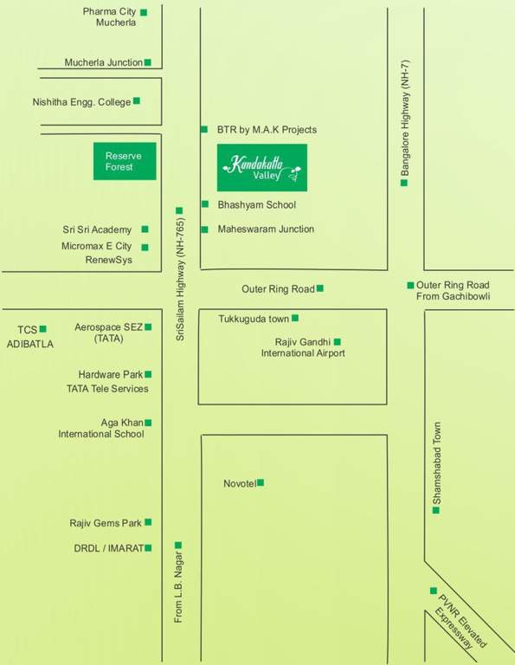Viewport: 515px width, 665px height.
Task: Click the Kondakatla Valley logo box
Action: tap(265, 167)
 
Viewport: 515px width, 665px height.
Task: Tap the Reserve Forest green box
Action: tap(125, 161)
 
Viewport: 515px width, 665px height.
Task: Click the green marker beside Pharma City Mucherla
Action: tap(144, 12)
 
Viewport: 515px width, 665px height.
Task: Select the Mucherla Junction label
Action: tap(103, 62)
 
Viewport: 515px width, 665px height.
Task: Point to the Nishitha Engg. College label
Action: tap(81, 101)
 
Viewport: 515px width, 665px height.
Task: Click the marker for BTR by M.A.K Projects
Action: tap(204, 129)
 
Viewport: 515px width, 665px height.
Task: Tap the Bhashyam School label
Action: tap(256, 205)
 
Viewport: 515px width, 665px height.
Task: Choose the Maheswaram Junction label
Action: tap(265, 229)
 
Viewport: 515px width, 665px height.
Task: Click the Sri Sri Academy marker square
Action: tap(145, 229)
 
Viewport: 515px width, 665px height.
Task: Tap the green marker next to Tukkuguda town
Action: tap(295, 318)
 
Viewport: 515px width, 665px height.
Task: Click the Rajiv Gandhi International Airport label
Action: tap(302, 347)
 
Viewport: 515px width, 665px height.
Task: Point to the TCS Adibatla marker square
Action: tap(42, 328)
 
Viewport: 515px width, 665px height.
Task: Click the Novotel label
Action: tap(239, 483)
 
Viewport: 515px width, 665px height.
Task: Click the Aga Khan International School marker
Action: tap(148, 423)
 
